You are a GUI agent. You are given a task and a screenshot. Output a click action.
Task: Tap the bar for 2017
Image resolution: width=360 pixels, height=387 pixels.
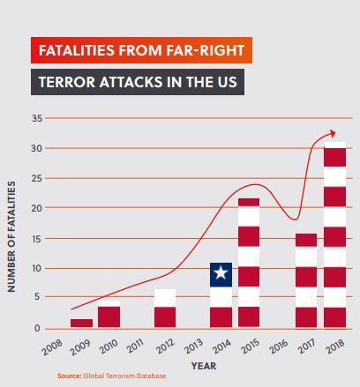pos(306,280)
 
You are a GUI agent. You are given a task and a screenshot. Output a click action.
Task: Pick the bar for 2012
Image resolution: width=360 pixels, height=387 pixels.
pos(165,309)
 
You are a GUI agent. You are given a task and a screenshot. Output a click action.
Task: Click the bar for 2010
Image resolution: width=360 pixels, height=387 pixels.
pos(109,315)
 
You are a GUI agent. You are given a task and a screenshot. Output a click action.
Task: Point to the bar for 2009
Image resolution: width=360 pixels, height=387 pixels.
pos(81,323)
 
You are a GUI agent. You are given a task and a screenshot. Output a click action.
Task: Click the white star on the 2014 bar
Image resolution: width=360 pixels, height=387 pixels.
pos(221,274)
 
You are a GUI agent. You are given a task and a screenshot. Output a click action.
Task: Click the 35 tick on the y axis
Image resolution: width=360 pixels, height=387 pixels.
pos(36,118)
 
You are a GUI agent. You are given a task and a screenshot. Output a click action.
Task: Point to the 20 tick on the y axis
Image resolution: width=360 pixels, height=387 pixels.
pos(36,208)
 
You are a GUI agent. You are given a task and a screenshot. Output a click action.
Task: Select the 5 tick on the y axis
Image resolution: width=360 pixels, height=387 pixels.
pos(38,298)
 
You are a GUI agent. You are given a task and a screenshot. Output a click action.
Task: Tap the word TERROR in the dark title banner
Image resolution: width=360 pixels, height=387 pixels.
pos(74,84)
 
